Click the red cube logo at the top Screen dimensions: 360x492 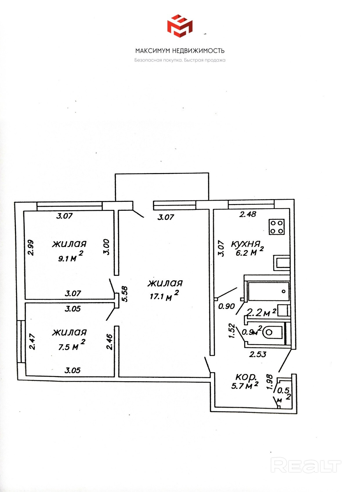point(180,26)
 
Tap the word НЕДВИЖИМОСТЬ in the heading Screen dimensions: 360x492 point(198,51)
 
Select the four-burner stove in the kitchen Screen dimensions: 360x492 point(276,227)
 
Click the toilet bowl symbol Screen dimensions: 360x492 point(273,332)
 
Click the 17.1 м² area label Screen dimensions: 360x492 point(164,296)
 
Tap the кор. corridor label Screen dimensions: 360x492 point(246,377)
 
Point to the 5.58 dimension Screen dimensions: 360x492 point(125,294)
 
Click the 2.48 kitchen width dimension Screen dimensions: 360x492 point(248,214)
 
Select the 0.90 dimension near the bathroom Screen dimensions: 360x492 point(226,306)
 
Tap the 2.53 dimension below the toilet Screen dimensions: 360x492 point(258,354)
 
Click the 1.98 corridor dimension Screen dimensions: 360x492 point(269,382)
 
